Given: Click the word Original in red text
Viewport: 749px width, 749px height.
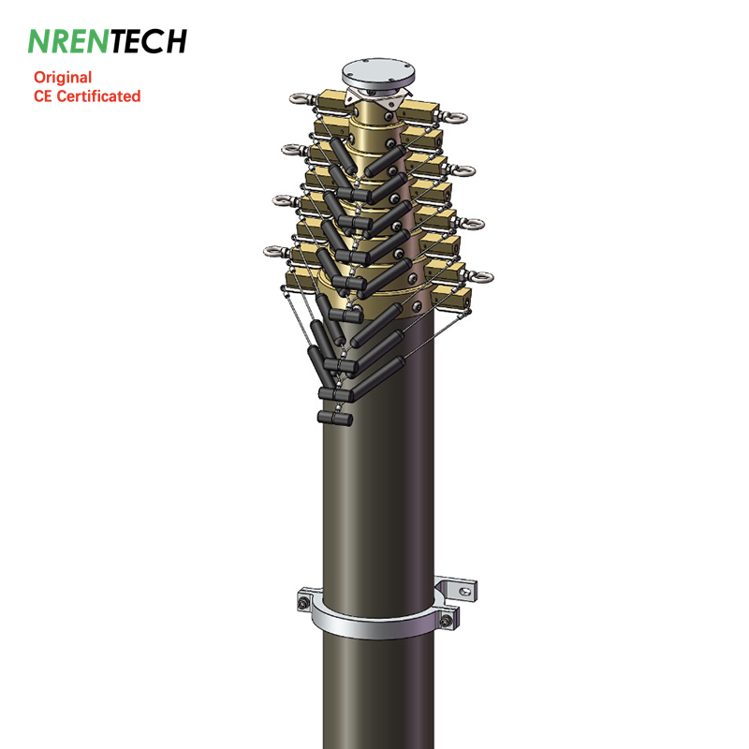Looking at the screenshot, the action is tap(63, 79).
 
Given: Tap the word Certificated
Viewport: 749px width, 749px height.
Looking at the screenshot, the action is tap(98, 96).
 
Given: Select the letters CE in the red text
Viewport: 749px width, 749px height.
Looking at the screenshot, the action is tap(42, 96).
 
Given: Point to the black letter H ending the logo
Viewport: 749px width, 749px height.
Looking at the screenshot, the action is tap(173, 41).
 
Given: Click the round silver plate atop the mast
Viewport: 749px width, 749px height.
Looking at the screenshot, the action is tap(378, 74).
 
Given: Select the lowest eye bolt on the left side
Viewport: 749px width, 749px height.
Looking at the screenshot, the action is tap(274, 251).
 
